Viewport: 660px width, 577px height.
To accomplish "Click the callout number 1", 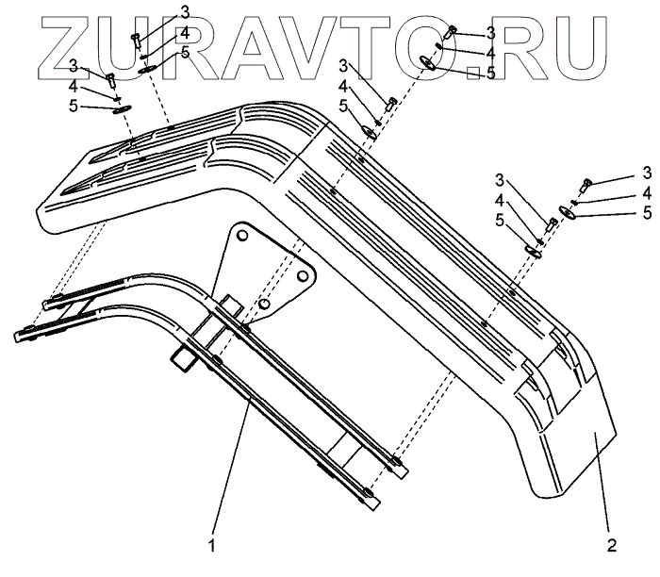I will (213, 545).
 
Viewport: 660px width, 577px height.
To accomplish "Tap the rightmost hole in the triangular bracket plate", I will (305, 275).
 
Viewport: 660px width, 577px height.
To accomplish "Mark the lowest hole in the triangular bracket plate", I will (267, 304).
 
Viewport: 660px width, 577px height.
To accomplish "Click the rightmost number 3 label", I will (647, 173).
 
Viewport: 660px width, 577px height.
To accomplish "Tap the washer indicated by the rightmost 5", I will (568, 212).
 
